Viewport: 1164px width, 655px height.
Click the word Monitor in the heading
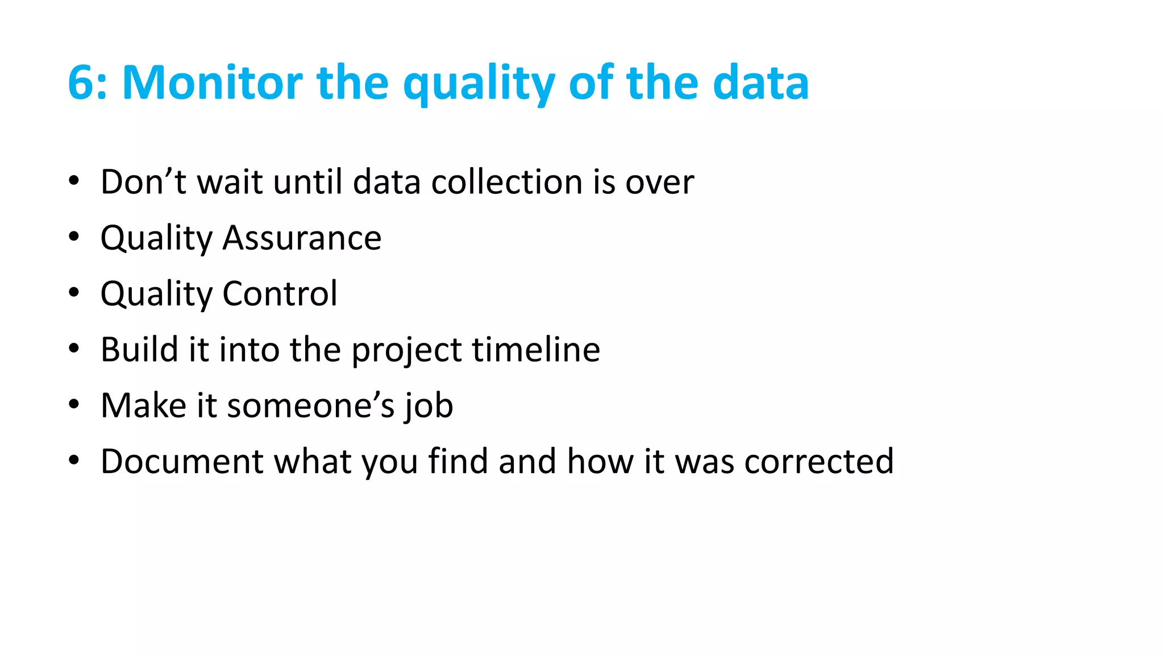pos(212,83)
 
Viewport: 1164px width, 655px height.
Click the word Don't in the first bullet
pos(143,182)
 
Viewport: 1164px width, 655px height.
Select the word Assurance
pos(302,238)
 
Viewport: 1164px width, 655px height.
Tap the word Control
pos(280,293)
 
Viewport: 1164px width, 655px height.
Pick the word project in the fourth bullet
pos(406,350)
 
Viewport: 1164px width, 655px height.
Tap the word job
pos(429,406)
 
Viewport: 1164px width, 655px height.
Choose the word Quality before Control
pos(156,295)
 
